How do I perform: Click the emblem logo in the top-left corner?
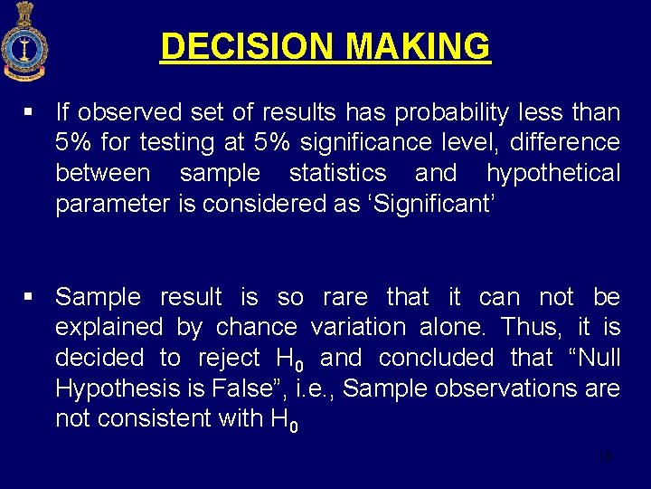click(x=24, y=42)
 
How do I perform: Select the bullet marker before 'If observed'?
click(x=30, y=113)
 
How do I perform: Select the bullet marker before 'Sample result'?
click(x=30, y=297)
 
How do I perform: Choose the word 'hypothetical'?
click(x=553, y=172)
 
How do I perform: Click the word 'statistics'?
click(x=337, y=172)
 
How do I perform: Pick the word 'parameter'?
click(x=112, y=204)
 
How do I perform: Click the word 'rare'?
click(x=344, y=297)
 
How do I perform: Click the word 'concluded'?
click(x=436, y=358)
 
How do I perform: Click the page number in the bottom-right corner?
click(x=605, y=457)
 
